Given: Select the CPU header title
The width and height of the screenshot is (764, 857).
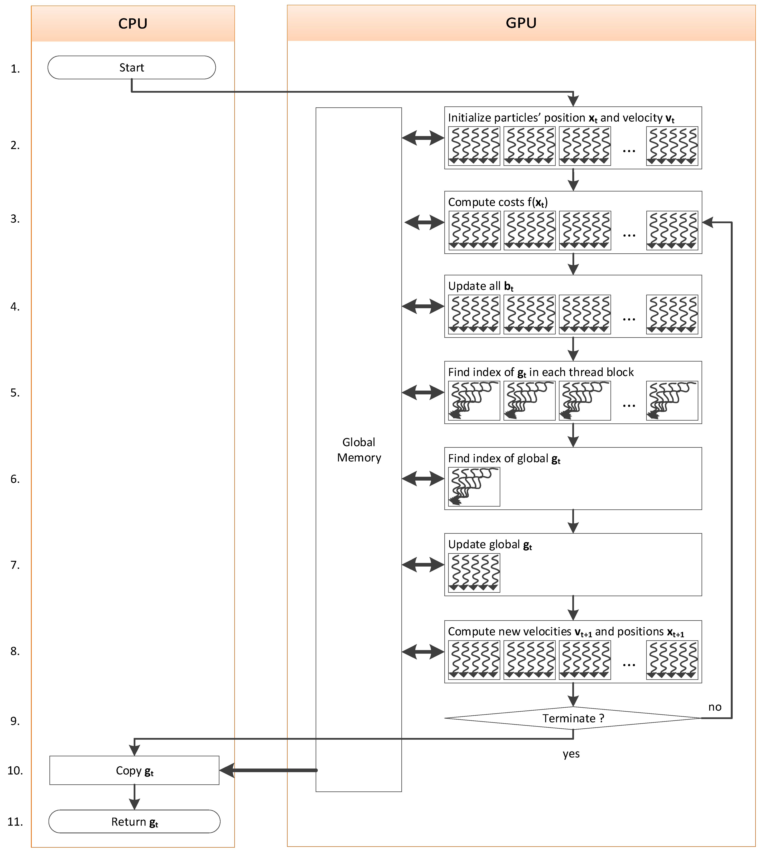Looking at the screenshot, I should click(133, 24).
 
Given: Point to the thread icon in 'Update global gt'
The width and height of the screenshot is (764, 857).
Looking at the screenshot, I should click(474, 573).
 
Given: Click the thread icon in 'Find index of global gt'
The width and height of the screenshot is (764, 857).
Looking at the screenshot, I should click(474, 486).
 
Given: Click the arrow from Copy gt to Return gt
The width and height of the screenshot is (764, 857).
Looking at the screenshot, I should click(134, 797).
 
